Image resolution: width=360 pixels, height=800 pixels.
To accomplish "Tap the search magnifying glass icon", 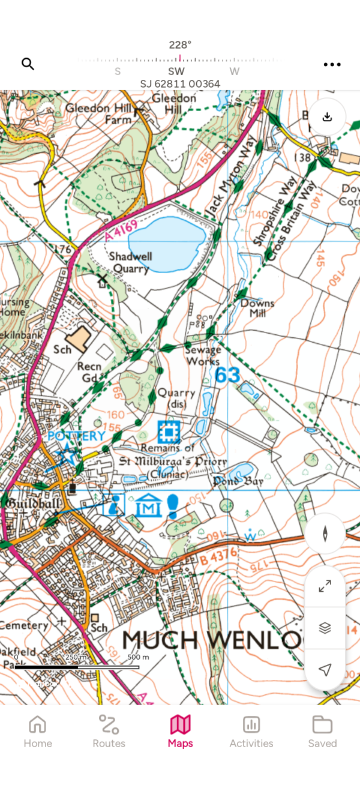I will pyautogui.click(x=28, y=64).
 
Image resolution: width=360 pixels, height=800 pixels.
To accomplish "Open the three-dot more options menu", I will pyautogui.click(x=332, y=64).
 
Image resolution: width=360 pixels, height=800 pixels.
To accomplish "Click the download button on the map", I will pyautogui.click(x=327, y=116).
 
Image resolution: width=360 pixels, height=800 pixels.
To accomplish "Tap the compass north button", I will pyautogui.click(x=325, y=534).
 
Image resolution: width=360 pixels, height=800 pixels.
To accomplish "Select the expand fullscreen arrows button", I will pyautogui.click(x=325, y=586).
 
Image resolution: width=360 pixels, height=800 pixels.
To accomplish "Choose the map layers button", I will pyautogui.click(x=325, y=628).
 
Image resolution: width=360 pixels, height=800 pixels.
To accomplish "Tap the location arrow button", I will pyautogui.click(x=325, y=670).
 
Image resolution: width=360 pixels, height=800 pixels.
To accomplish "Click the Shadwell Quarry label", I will pyautogui.click(x=130, y=263).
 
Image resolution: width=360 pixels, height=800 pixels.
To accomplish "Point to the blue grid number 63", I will pyautogui.click(x=227, y=376).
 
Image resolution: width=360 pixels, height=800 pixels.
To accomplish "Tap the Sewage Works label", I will pyautogui.click(x=203, y=355).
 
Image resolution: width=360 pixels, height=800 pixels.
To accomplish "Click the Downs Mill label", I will pyautogui.click(x=257, y=308).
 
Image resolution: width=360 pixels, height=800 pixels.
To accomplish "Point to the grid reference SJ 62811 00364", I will pyautogui.click(x=180, y=84).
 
